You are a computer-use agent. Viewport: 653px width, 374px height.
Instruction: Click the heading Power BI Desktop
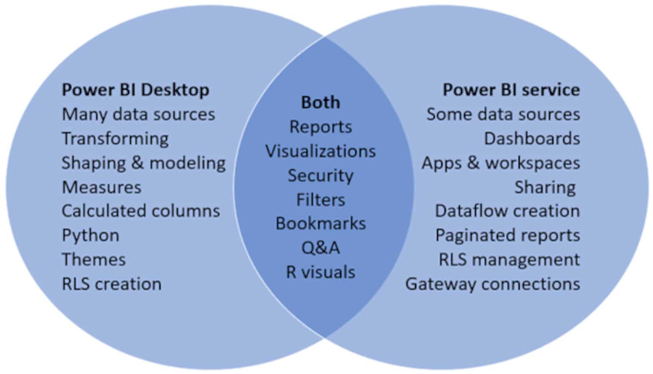click(135, 90)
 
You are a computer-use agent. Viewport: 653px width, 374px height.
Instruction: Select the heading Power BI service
click(511, 90)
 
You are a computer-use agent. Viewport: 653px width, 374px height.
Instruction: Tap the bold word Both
click(320, 103)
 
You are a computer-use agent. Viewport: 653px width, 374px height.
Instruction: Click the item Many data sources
click(138, 115)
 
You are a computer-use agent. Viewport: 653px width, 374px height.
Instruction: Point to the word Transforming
click(115, 139)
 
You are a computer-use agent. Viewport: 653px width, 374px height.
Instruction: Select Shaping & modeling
click(143, 163)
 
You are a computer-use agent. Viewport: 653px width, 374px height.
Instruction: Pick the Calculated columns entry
click(141, 211)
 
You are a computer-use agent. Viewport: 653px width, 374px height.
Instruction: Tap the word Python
click(91, 236)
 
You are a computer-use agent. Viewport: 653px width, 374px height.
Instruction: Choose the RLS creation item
click(112, 284)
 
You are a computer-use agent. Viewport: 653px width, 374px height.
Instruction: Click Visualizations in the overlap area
click(320, 151)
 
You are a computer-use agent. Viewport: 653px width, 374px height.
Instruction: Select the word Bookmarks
click(320, 224)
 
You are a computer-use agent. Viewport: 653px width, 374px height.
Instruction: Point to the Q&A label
click(320, 248)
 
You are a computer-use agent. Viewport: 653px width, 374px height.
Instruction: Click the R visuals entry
click(320, 272)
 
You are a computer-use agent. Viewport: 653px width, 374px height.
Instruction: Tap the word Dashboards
click(532, 139)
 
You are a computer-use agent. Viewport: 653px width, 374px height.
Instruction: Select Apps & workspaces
click(500, 163)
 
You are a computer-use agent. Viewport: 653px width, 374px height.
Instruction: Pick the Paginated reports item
click(507, 235)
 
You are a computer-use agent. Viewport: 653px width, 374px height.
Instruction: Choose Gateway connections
click(492, 284)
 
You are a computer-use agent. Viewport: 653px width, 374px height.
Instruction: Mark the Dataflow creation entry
click(507, 211)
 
